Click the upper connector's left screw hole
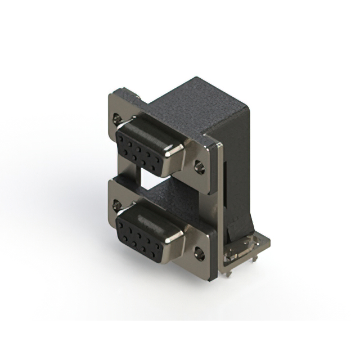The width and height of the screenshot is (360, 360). pos(117,119)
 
